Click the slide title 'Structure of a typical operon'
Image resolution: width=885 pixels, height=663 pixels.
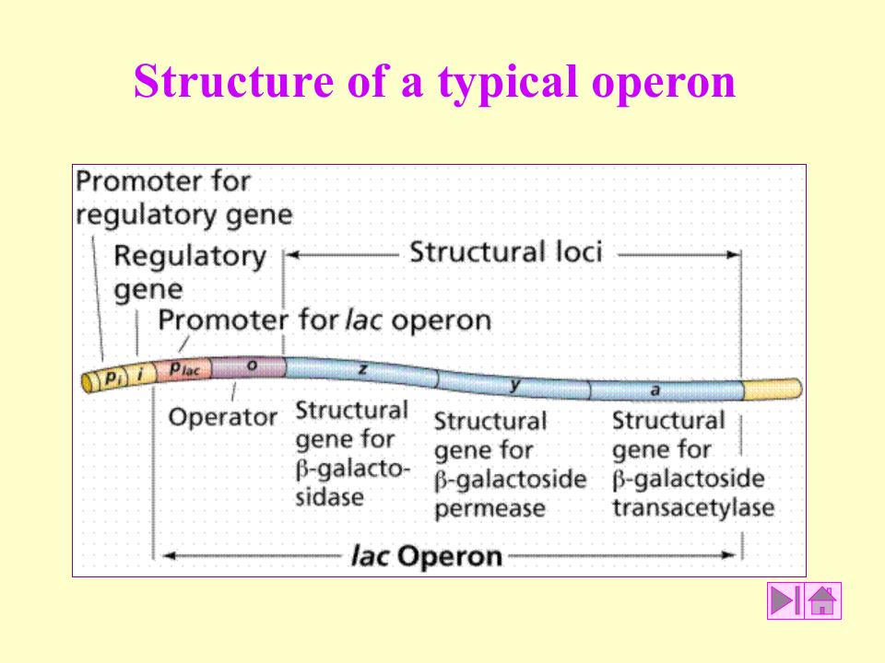434,81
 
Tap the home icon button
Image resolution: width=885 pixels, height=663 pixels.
822,600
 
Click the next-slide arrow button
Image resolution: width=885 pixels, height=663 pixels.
785,600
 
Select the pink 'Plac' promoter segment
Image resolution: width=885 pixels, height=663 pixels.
190,368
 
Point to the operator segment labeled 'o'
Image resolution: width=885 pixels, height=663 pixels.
251,367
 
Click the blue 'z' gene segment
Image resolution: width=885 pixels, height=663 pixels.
361,369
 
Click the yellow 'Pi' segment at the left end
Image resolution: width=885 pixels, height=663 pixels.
112,377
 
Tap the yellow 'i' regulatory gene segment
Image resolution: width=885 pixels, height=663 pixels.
140,374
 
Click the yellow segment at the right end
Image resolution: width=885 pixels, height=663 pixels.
773,389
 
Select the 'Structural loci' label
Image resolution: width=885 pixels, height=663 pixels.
505,251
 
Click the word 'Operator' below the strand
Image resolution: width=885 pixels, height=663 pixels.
222,417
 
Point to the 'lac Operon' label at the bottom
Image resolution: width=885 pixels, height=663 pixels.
427,555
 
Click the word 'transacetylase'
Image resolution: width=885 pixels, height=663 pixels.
692,507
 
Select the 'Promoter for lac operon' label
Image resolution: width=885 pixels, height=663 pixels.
324,320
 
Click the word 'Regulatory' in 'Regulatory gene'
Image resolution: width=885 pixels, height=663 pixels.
190,256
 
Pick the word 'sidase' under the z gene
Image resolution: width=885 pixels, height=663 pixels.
329,497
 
